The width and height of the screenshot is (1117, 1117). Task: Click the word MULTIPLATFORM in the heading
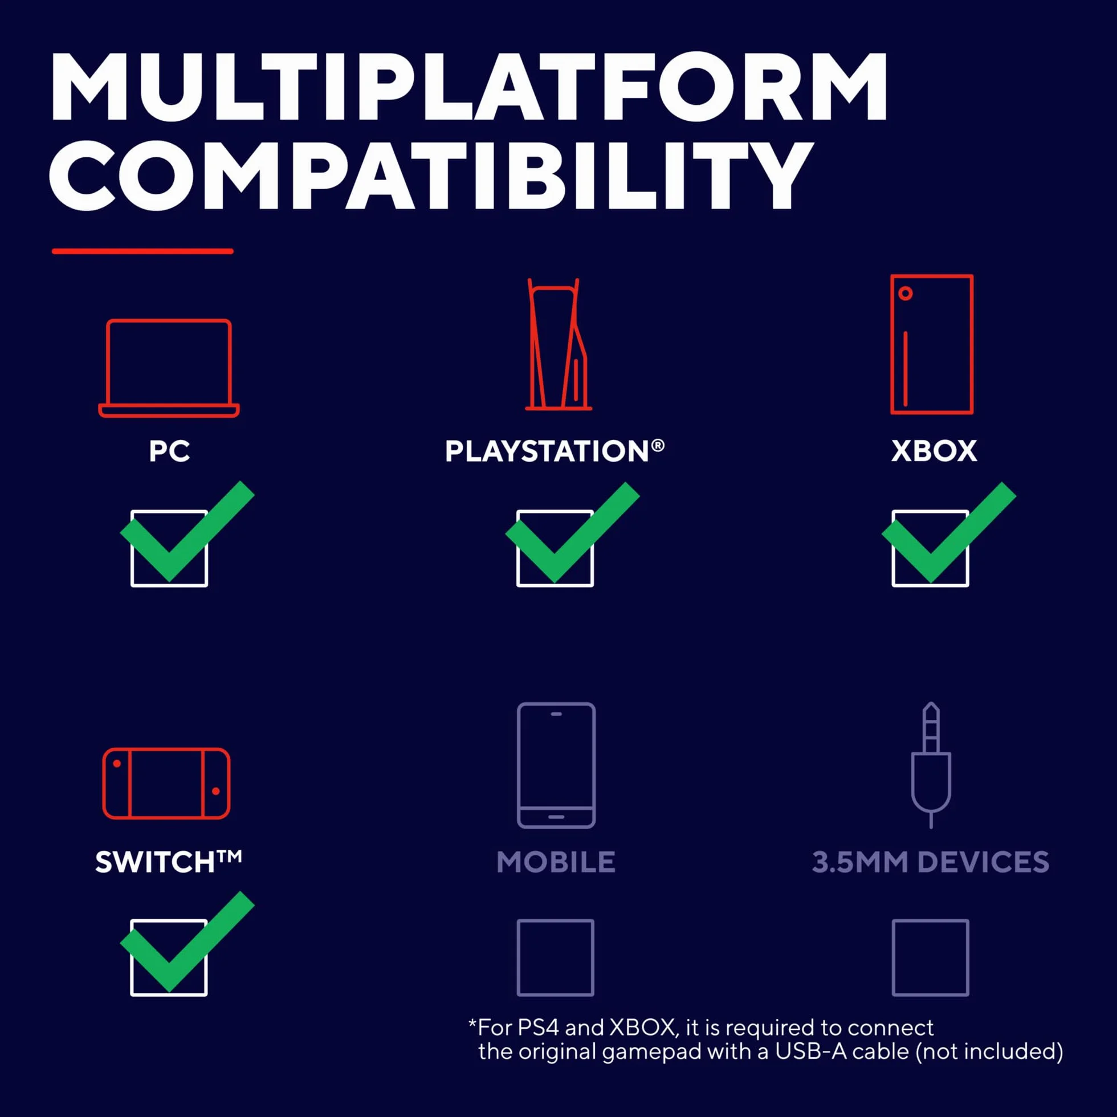click(x=469, y=86)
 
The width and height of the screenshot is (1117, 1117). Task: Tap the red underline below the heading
click(x=142, y=251)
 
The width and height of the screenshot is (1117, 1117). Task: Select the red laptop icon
click(x=169, y=368)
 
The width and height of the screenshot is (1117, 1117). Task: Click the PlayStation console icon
click(x=558, y=345)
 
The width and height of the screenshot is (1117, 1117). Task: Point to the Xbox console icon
click(x=931, y=345)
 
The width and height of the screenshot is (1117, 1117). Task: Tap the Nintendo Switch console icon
click(x=166, y=784)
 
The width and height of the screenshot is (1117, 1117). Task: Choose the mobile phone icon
click(x=556, y=765)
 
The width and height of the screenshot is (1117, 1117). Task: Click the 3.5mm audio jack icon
click(x=931, y=765)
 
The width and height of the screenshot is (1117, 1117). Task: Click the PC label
click(x=169, y=451)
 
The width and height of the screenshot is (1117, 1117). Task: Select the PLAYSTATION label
click(x=555, y=451)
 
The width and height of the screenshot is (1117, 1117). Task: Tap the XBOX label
click(x=933, y=451)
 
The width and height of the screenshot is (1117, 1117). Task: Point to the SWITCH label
click(x=168, y=862)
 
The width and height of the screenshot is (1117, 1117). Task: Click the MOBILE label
click(x=556, y=862)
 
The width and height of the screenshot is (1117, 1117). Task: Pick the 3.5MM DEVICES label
click(x=930, y=862)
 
